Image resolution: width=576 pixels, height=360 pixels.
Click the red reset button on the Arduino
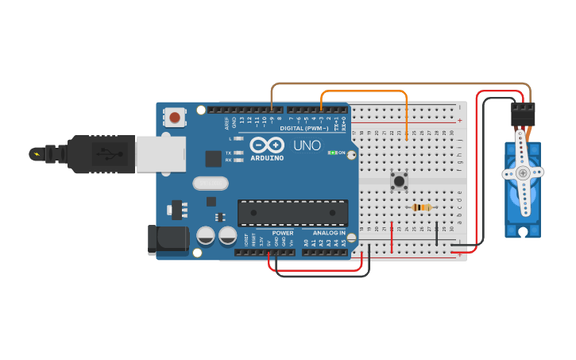click(x=175, y=118)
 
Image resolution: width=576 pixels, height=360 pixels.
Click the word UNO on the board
click(x=307, y=146)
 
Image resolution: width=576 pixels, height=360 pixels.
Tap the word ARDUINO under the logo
click(x=267, y=157)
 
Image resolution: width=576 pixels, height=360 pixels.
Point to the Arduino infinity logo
click(x=267, y=145)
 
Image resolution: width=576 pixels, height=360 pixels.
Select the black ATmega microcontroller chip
click(x=292, y=212)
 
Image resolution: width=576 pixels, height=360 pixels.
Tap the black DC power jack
click(x=167, y=240)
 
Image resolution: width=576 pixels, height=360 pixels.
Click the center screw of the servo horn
click(x=522, y=172)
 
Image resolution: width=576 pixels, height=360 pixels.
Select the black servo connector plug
click(x=523, y=111)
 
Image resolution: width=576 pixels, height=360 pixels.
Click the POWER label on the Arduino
click(x=283, y=233)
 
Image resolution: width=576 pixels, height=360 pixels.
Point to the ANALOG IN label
click(x=329, y=233)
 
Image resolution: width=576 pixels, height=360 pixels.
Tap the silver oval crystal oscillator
click(x=210, y=184)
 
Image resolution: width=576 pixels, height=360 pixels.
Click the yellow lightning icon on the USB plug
click(x=36, y=153)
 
